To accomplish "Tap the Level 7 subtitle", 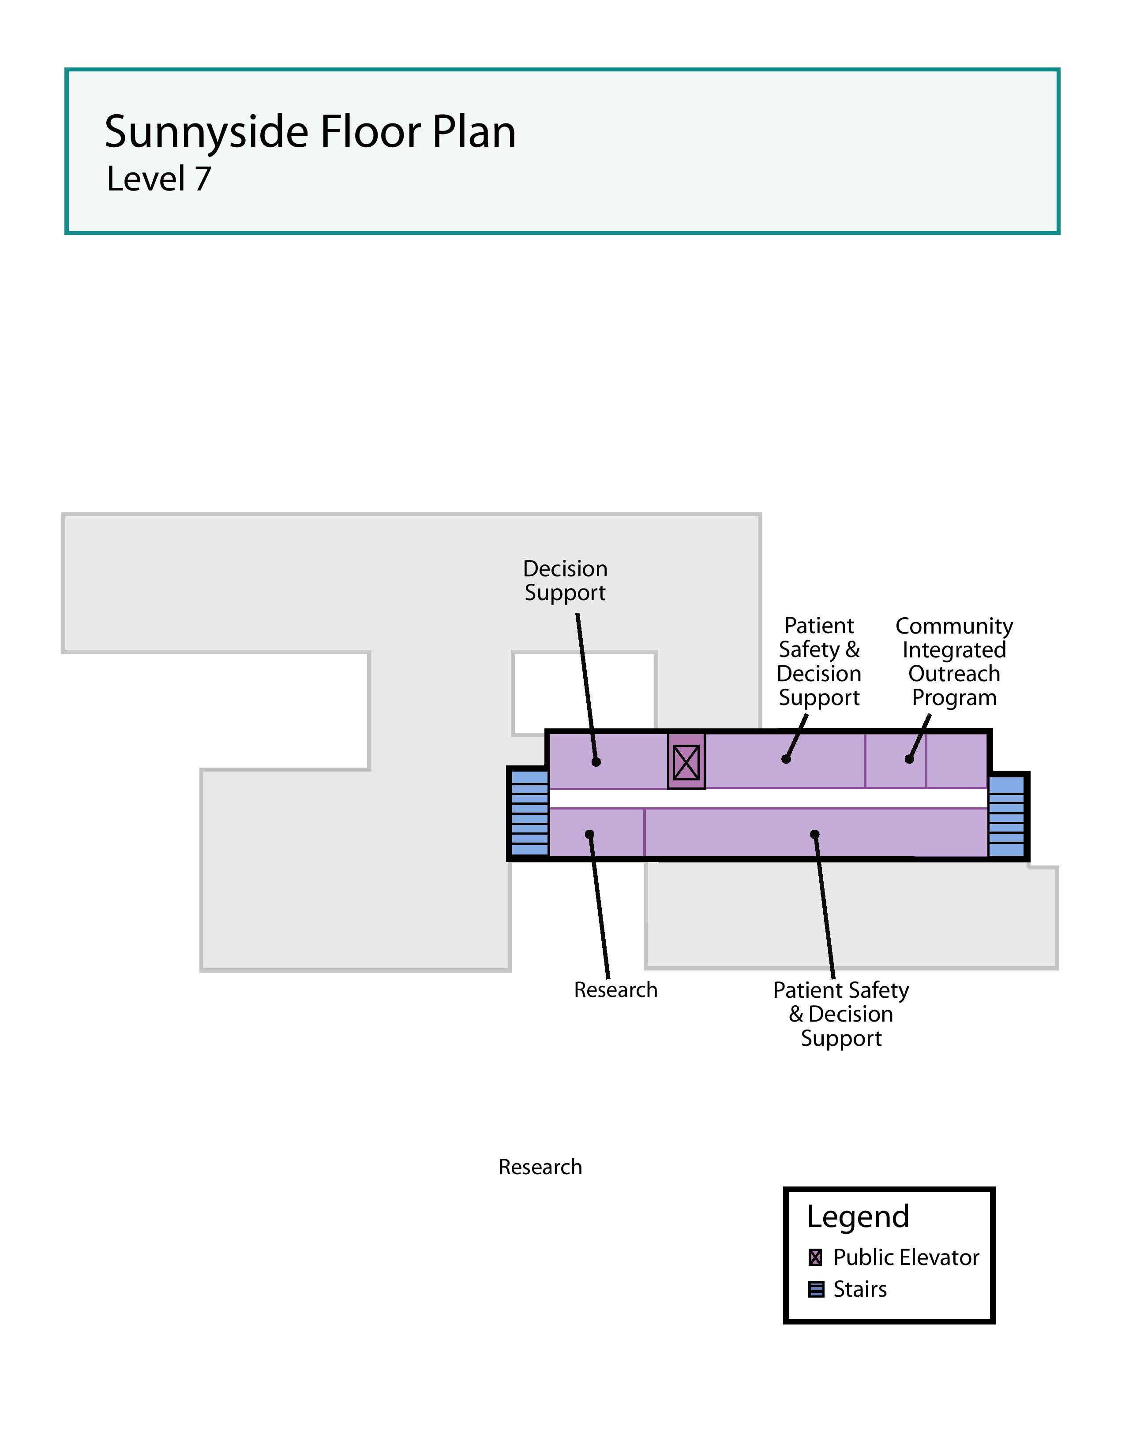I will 159,179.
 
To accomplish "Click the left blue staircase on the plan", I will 529,813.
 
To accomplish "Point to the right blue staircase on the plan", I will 1006,816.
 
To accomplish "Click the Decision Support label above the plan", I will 565,580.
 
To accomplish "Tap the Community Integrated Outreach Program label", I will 954,661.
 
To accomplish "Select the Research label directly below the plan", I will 615,990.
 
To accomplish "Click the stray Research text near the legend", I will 540,1167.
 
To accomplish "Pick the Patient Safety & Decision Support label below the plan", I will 840,1014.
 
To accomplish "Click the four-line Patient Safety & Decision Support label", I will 819,661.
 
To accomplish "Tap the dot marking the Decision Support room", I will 596,761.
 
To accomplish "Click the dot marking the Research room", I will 589,834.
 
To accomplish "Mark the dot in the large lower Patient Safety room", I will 814,834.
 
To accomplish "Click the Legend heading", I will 857,1216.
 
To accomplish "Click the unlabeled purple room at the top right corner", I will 956,760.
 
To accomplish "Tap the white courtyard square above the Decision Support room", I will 584,693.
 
